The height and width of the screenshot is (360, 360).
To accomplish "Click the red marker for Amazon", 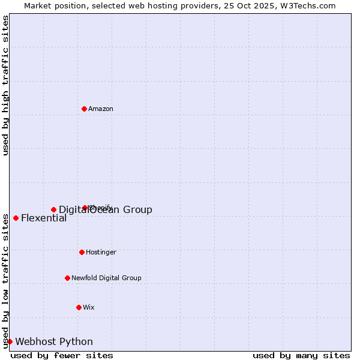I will point(84,109).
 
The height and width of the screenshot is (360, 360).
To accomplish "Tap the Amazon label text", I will point(101,109).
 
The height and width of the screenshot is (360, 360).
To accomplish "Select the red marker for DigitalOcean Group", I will point(53,209).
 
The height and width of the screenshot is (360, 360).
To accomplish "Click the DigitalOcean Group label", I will point(106,209).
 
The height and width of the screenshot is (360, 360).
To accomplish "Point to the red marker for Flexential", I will point(16,218).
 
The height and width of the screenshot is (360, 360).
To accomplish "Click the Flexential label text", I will point(44,218).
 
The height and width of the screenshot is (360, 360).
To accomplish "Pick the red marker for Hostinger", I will point(82,252).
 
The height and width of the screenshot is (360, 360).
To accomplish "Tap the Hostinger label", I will point(101,252).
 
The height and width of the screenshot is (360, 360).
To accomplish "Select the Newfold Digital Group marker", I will point(67,278).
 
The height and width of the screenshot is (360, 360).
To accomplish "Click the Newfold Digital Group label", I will point(106,278).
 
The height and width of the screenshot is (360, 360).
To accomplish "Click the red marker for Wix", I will point(79,307).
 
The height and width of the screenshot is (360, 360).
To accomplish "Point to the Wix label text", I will point(89,307).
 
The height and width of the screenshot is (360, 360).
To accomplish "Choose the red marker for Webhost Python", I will point(10,341).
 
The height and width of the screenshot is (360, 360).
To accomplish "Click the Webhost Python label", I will point(54,341).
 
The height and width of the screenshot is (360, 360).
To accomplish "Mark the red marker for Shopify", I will point(85,208).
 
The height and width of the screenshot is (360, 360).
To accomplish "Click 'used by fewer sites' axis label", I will point(62,355).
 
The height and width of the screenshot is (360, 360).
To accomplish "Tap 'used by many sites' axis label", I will point(301,355).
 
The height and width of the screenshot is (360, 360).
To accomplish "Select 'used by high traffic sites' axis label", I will point(6,85).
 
